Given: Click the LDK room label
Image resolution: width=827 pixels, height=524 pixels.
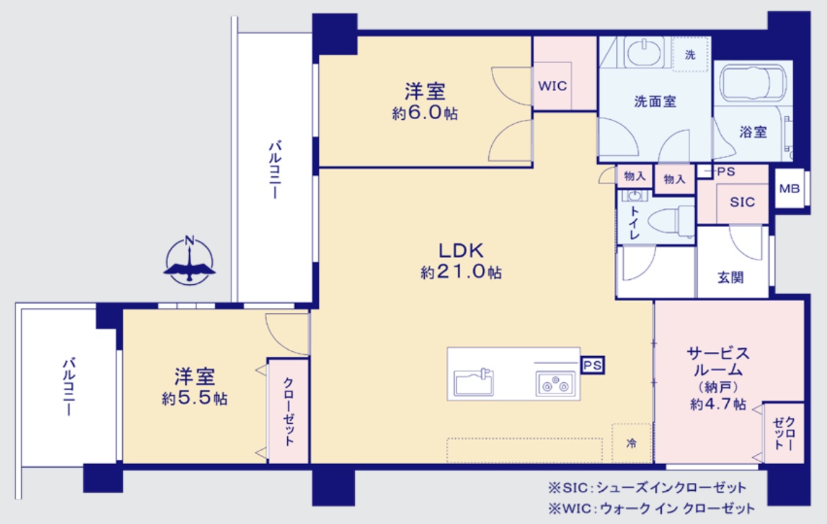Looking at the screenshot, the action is tap(461, 250).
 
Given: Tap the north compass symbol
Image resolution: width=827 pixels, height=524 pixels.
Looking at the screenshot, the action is tap(189, 260).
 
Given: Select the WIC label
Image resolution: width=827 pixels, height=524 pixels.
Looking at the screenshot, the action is tap(553, 85).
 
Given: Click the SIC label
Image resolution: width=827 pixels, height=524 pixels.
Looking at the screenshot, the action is tap(742, 202).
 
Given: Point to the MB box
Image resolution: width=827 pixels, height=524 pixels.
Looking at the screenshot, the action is tap(790, 188).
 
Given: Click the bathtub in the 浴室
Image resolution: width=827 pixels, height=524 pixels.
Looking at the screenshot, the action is tap(752, 83).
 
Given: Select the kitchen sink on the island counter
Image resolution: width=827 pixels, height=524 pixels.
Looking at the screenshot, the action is tap(473, 381).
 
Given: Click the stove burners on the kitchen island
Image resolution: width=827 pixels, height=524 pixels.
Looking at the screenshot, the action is tap(555, 383).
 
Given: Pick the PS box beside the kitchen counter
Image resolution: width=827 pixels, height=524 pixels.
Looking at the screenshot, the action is tap(592, 365).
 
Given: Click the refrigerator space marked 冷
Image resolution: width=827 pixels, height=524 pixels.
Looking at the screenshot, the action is tap(632, 443).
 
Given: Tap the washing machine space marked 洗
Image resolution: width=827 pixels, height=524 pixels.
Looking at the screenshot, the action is tap(690, 54).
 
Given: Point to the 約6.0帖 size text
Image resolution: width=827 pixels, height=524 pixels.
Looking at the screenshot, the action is tap(425, 113).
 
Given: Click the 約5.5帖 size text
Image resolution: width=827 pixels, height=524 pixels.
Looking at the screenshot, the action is tap(195, 398).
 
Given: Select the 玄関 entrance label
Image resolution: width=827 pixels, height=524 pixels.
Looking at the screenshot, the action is tap(730, 277).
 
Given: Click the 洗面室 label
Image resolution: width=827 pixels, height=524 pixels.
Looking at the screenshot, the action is tap(655, 102).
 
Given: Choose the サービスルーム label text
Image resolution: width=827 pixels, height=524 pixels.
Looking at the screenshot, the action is tap(718, 360).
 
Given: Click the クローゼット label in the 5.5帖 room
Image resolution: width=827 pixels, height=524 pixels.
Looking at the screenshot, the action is tap(288, 410).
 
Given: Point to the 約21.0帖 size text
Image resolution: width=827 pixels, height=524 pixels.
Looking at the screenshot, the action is tap(461, 272).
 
